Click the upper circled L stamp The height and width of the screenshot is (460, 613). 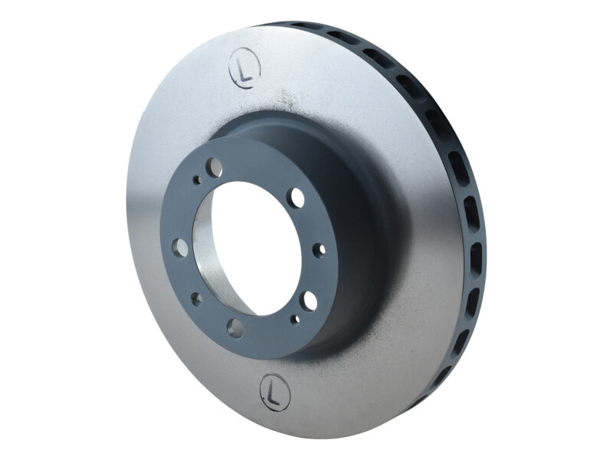pyautogui.click(x=245, y=67)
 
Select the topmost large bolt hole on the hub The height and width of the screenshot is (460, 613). pyautogui.click(x=216, y=167)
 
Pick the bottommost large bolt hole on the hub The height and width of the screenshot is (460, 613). pyautogui.click(x=235, y=328)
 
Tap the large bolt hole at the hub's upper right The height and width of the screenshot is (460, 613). pyautogui.click(x=296, y=199)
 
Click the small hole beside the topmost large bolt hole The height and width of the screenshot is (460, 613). pyautogui.click(x=198, y=181)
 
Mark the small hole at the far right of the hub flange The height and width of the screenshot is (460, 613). pyautogui.click(x=320, y=248)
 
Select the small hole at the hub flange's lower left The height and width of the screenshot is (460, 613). pyautogui.click(x=196, y=298)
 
